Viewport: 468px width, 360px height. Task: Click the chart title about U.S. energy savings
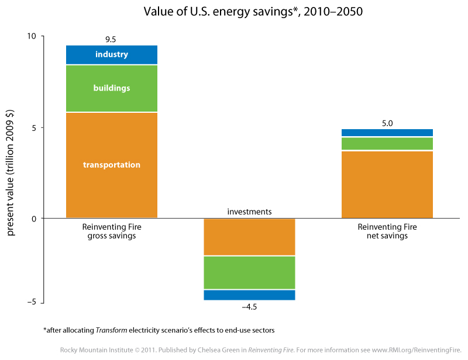253,12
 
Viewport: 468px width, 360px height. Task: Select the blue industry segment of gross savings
112,54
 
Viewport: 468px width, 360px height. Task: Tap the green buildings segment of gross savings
112,88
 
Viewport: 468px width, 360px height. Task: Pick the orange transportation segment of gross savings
112,165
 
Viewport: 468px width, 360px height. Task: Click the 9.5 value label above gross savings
111,39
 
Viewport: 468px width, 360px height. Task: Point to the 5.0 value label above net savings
387,123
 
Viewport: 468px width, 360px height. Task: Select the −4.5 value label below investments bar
249,307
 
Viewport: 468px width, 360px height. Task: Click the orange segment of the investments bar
249,237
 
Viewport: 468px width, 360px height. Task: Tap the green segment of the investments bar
249,272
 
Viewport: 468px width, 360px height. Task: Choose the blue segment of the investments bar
249,295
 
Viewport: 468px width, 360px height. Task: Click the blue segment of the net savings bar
387,133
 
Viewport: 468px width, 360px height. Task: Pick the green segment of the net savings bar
387,143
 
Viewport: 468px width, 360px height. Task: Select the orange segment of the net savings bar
387,184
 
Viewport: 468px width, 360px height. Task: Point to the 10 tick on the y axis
32,36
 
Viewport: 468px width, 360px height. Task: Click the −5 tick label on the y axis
32,302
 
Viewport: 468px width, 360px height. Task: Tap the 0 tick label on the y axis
34,219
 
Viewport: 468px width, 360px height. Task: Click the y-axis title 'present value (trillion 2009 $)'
10,173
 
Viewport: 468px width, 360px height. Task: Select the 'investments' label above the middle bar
250,212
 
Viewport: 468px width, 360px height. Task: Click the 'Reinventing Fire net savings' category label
387,231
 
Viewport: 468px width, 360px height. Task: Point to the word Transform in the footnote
111,330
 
